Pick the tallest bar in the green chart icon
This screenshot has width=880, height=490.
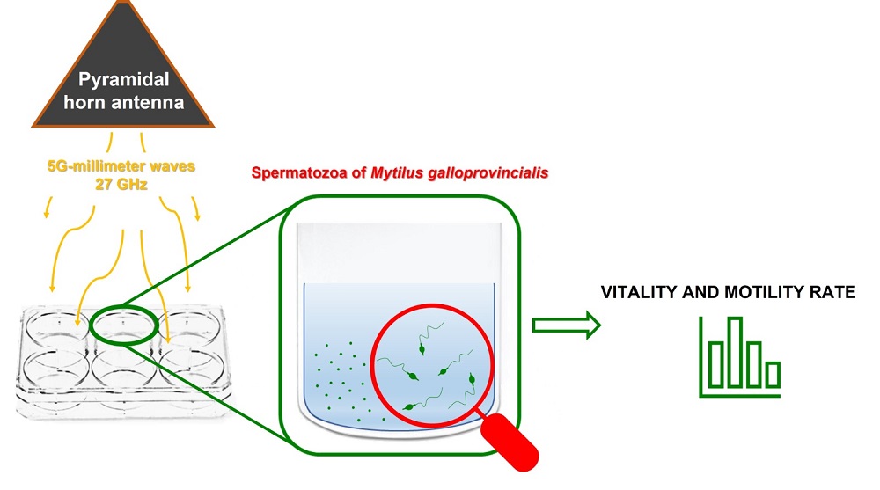pyautogui.click(x=735, y=352)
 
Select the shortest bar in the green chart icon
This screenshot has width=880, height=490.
pyautogui.click(x=773, y=374)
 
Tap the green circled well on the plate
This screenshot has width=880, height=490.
pyautogui.click(x=123, y=324)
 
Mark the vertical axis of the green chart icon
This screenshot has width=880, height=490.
pyautogui.click(x=702, y=356)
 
